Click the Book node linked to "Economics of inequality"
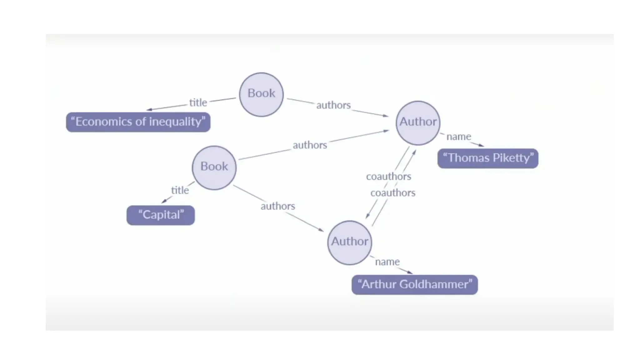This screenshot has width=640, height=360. [261, 94]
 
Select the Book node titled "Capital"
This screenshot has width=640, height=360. [214, 167]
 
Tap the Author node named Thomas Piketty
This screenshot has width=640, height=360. [418, 122]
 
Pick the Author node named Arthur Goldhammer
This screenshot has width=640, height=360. [350, 242]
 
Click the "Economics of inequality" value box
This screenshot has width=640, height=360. [138, 122]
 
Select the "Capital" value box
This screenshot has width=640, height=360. [161, 215]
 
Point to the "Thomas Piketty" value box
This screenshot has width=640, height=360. [488, 158]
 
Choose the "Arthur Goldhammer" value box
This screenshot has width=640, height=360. [415, 284]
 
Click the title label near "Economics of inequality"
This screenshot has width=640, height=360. [198, 102]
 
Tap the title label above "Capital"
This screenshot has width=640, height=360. [180, 190]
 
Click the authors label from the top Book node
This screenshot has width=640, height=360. [333, 105]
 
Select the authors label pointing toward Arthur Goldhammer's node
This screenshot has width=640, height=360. [278, 206]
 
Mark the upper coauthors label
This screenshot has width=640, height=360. [388, 177]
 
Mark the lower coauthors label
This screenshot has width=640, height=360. [393, 193]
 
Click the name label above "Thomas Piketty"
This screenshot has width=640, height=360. [458, 137]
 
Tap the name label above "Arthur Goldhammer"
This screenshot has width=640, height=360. [387, 262]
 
